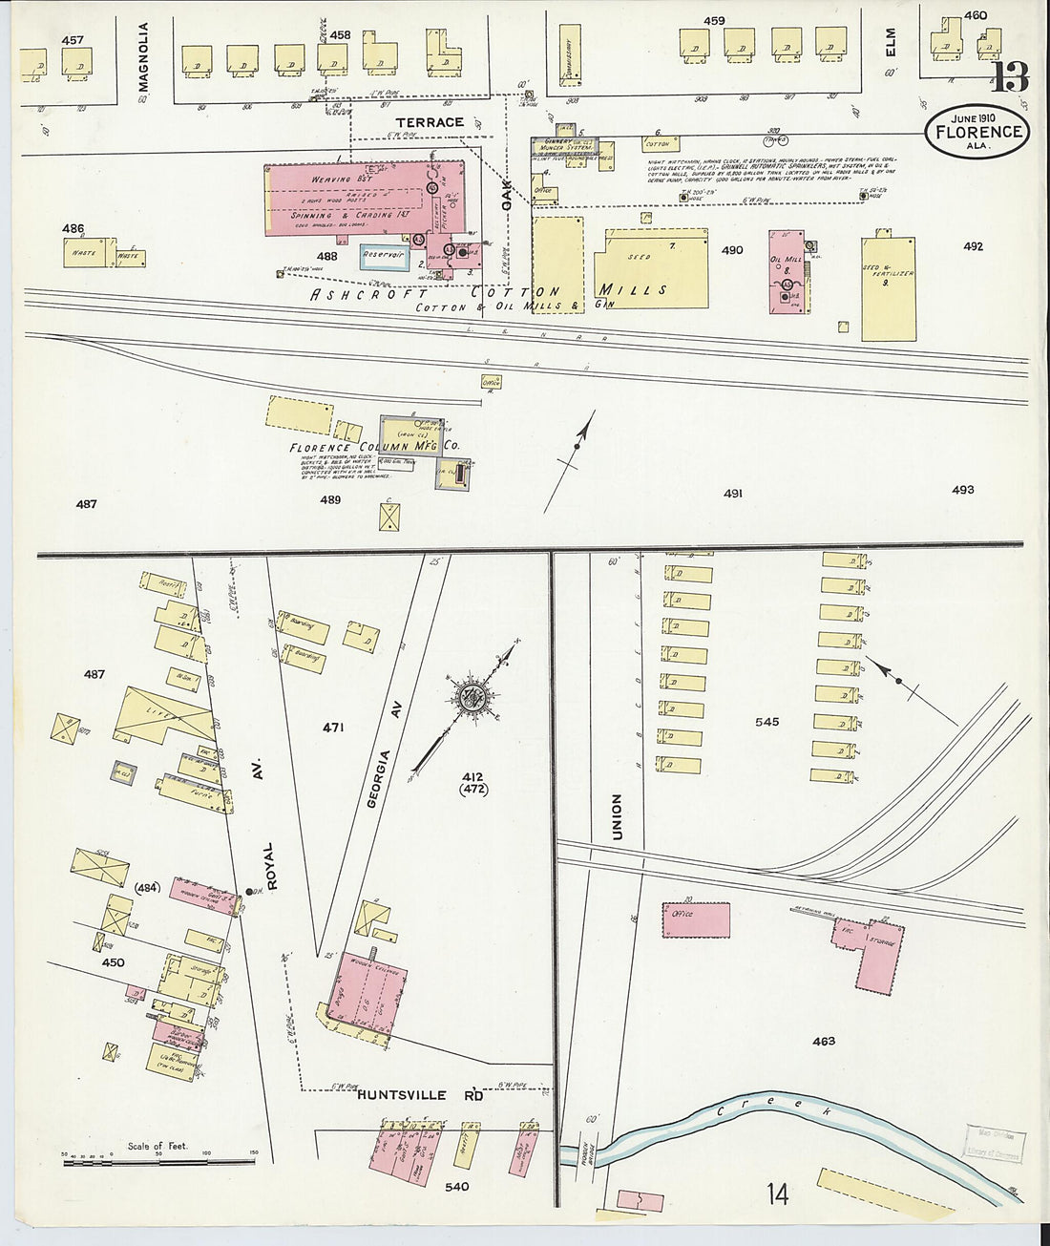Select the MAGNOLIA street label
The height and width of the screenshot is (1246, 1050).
(x=144, y=57)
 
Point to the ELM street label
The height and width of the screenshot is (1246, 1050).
(x=892, y=43)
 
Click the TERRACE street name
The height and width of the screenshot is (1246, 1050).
(x=430, y=122)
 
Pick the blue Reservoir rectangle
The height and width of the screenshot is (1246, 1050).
(x=384, y=256)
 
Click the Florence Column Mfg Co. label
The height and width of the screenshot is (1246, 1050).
(x=374, y=447)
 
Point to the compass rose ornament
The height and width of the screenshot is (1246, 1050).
(x=471, y=697)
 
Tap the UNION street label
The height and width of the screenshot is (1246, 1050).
(x=617, y=816)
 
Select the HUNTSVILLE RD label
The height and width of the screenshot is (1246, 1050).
(x=420, y=1095)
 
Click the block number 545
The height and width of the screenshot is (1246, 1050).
(x=766, y=722)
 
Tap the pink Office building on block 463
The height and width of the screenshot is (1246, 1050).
(x=696, y=919)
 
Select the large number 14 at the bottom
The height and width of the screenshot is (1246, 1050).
(x=778, y=1193)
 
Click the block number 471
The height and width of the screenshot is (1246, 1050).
(x=332, y=728)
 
